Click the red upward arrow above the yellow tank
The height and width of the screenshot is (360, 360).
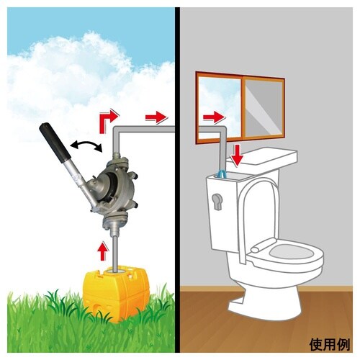(x=103, y=251)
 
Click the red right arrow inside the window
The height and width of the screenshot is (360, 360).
(x=214, y=117)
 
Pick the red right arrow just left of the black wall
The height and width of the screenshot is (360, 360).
(x=156, y=117)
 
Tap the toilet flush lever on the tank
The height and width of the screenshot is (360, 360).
(x=217, y=201)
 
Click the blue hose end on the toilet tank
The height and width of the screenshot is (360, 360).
(x=221, y=174)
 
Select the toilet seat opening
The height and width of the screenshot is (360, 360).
(x=291, y=251)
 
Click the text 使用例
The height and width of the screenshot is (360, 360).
(x=330, y=344)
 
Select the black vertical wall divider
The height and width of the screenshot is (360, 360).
(x=177, y=180)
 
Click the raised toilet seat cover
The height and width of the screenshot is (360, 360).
(x=260, y=216)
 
